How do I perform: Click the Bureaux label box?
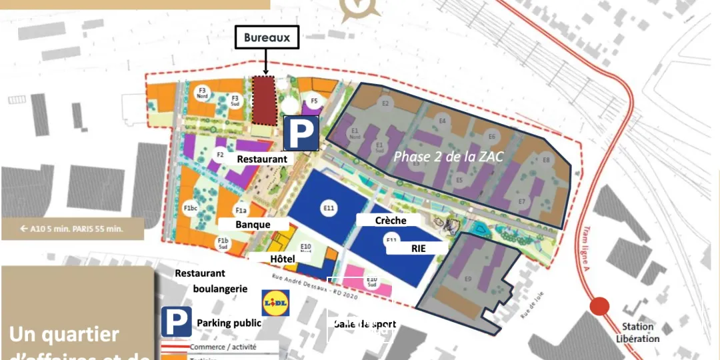pyautogui.click(x=267, y=37)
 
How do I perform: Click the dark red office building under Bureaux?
pyautogui.click(x=264, y=99)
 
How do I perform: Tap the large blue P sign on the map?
pyautogui.click(x=302, y=133)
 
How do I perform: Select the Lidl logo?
pyautogui.click(x=275, y=303)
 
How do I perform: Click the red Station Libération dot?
pyautogui.click(x=599, y=306)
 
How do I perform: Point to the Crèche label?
pyautogui.click(x=391, y=220)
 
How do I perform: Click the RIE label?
pyautogui.click(x=418, y=248)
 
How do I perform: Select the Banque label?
pyautogui.click(x=253, y=225)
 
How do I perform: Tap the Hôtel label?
pyautogui.click(x=282, y=259)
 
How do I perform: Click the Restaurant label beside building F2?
pyautogui.click(x=262, y=159)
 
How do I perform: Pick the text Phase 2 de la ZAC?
pyautogui.click(x=448, y=157)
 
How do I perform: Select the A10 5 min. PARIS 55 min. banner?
pyautogui.click(x=72, y=229)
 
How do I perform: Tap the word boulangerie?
pyautogui.click(x=220, y=289)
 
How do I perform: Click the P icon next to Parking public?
pyautogui.click(x=177, y=322)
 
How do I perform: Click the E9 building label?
pyautogui.click(x=468, y=278)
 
